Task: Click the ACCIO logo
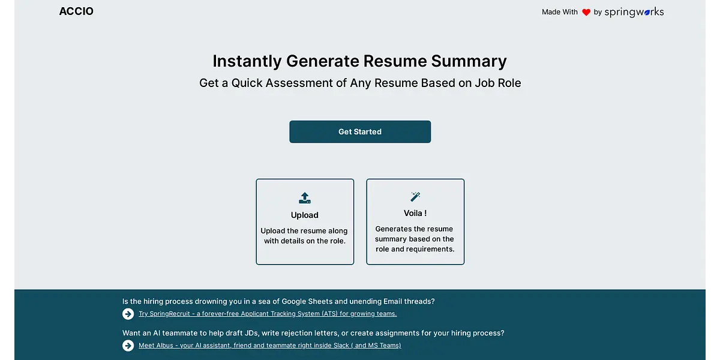click(76, 11)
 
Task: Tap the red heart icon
click(586, 12)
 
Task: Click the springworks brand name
click(634, 12)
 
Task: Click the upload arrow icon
click(304, 197)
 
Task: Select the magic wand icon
click(415, 196)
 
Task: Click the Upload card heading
click(304, 215)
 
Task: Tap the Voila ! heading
click(415, 213)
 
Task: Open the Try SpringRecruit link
click(268, 313)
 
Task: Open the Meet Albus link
click(269, 345)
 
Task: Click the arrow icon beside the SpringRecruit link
click(128, 314)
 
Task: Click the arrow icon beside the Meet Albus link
click(128, 346)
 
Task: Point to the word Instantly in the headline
click(247, 61)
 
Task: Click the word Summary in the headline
click(469, 61)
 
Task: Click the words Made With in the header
click(560, 12)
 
